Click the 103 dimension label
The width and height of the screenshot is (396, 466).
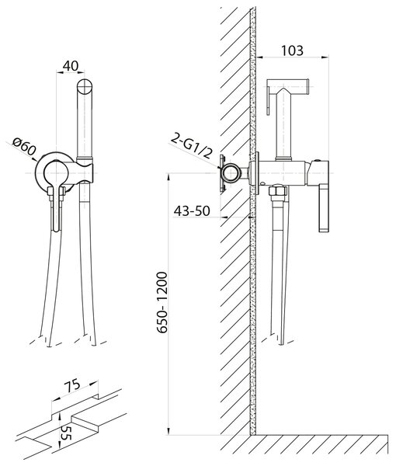pos(292,50)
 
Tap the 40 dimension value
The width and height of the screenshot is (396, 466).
pos(71,66)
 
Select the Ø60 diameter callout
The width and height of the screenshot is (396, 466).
pos(25,147)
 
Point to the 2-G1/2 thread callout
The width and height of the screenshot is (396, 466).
pos(193,146)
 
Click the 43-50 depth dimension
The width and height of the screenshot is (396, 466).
pos(192,211)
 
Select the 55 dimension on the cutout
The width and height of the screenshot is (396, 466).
pos(66,433)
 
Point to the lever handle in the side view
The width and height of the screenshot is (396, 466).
pos(324,208)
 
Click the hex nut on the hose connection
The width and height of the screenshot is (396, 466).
pos(277,190)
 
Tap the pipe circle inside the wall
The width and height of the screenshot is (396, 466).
pos(231,173)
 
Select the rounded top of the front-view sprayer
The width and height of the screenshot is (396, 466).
pos(85,87)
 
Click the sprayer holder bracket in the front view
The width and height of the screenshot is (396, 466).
pos(85,172)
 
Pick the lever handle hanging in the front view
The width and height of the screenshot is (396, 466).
pos(56,208)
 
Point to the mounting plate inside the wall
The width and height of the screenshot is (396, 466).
pos(221,174)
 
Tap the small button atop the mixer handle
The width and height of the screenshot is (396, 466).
pos(316,160)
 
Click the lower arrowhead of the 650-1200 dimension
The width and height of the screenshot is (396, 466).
pos(168,432)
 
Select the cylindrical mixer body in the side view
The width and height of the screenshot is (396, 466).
pos(281,173)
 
